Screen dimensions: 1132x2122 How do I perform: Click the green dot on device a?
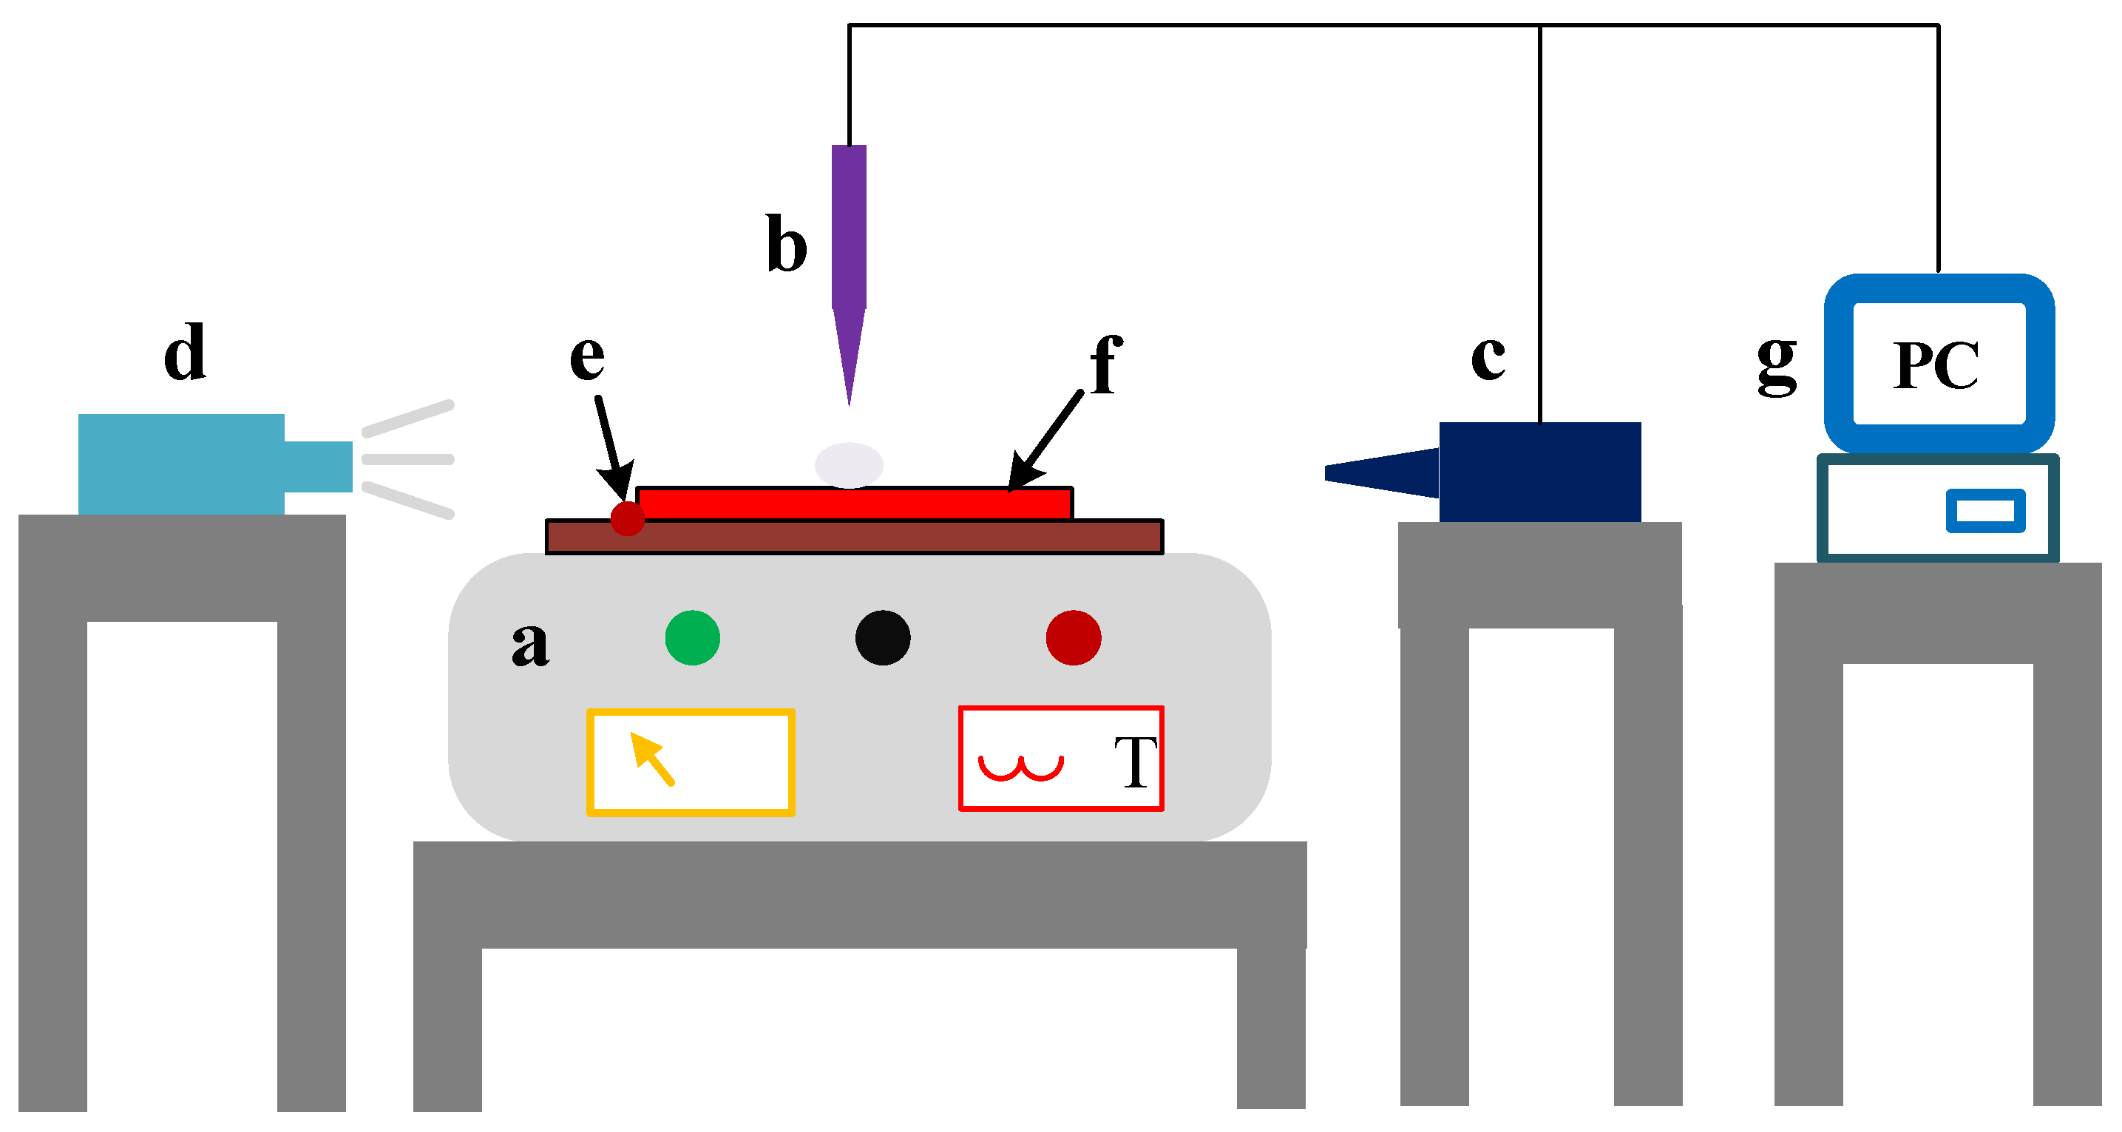pos(692,637)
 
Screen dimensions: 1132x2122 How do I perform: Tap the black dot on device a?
pos(882,637)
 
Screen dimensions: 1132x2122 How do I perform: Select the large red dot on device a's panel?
pos(1073,637)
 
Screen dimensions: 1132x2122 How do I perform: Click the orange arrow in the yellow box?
pos(651,759)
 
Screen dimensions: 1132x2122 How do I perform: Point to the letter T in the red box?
pos(1135,762)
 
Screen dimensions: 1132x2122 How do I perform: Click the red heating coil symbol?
pos(1020,767)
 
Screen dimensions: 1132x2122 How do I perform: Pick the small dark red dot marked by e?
pos(627,518)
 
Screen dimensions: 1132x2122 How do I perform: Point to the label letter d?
pos(185,352)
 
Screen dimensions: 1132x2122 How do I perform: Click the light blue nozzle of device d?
pos(318,467)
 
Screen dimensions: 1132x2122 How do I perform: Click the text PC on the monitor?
pos(1935,366)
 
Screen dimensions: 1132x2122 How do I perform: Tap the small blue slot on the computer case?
pos(1985,511)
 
